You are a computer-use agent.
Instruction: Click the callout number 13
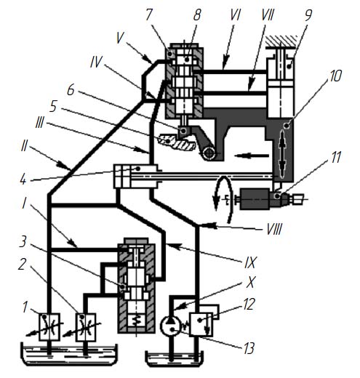(249, 348)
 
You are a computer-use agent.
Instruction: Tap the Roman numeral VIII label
(274, 229)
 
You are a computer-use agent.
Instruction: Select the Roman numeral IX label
(249, 262)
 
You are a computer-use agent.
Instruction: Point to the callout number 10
(335, 76)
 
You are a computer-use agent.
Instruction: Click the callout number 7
(148, 15)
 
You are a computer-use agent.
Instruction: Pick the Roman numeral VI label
(235, 15)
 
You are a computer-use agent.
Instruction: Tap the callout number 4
(23, 180)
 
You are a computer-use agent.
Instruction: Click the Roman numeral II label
(24, 147)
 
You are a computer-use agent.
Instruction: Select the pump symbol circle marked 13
(170, 326)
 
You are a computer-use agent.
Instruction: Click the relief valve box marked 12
(201, 324)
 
